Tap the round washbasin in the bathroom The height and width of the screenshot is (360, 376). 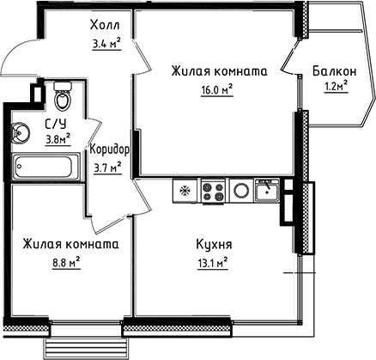tap(20, 132)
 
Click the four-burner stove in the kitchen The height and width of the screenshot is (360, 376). tap(213, 189)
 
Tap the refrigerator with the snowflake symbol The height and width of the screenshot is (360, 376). tap(184, 189)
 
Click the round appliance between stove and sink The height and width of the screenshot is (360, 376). tap(241, 189)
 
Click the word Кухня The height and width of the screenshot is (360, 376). tap(213, 245)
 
